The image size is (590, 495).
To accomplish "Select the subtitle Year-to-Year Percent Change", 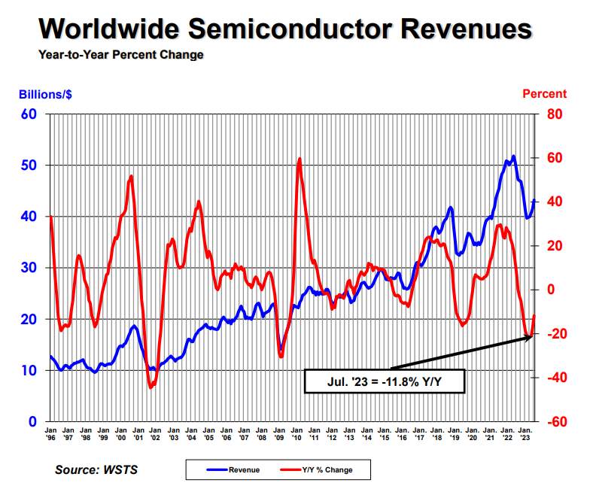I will pyautogui.click(x=120, y=55).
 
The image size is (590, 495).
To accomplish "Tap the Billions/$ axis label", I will pyautogui.click(x=45, y=95).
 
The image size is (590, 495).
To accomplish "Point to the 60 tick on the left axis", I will pyautogui.click(x=29, y=114).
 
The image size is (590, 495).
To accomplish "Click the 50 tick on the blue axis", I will pyautogui.click(x=29, y=165).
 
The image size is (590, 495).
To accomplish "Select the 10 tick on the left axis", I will pyautogui.click(x=29, y=370).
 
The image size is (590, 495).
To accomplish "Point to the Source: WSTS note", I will pyautogui.click(x=96, y=470).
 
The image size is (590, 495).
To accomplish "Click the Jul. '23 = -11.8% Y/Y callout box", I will pyautogui.click(x=384, y=381).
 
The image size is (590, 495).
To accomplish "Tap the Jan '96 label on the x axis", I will pyautogui.click(x=50, y=433).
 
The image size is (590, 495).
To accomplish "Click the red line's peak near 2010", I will pyautogui.click(x=300, y=159).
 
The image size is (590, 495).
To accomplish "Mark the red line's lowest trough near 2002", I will pyautogui.click(x=151, y=387).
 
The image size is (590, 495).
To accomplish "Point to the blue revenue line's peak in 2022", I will pyautogui.click(x=513, y=156).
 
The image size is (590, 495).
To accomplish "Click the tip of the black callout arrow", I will pyautogui.click(x=532, y=336).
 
